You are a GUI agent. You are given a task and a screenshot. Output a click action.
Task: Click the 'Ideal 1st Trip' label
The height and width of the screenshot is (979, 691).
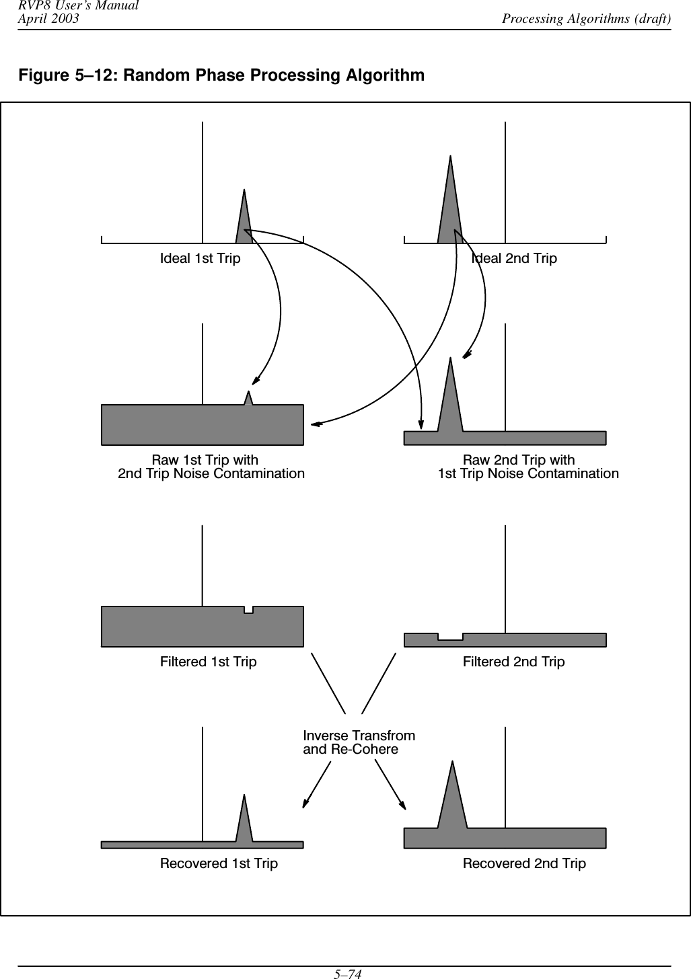(x=200, y=258)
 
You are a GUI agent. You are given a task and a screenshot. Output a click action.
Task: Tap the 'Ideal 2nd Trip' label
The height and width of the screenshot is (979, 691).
(x=514, y=258)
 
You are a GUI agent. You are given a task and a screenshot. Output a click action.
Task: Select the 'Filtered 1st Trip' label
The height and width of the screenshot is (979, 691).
(x=208, y=662)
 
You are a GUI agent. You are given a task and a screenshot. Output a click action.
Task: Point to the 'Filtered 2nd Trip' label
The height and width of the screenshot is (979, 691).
(x=513, y=662)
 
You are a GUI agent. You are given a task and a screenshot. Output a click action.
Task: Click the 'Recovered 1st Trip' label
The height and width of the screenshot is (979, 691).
(x=219, y=863)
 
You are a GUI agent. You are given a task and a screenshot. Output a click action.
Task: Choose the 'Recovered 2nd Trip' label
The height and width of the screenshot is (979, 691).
(x=524, y=863)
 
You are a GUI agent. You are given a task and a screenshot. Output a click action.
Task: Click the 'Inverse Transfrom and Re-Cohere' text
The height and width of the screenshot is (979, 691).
(x=359, y=742)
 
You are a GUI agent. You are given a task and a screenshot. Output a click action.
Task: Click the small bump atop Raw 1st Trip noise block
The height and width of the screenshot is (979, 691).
(x=248, y=399)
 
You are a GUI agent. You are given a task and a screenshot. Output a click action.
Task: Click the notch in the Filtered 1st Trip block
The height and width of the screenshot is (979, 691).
(x=248, y=610)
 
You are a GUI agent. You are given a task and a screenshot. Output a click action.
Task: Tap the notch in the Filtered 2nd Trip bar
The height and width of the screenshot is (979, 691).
(x=450, y=637)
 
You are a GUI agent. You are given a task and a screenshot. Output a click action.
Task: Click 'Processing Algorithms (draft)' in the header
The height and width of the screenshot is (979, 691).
(x=586, y=18)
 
